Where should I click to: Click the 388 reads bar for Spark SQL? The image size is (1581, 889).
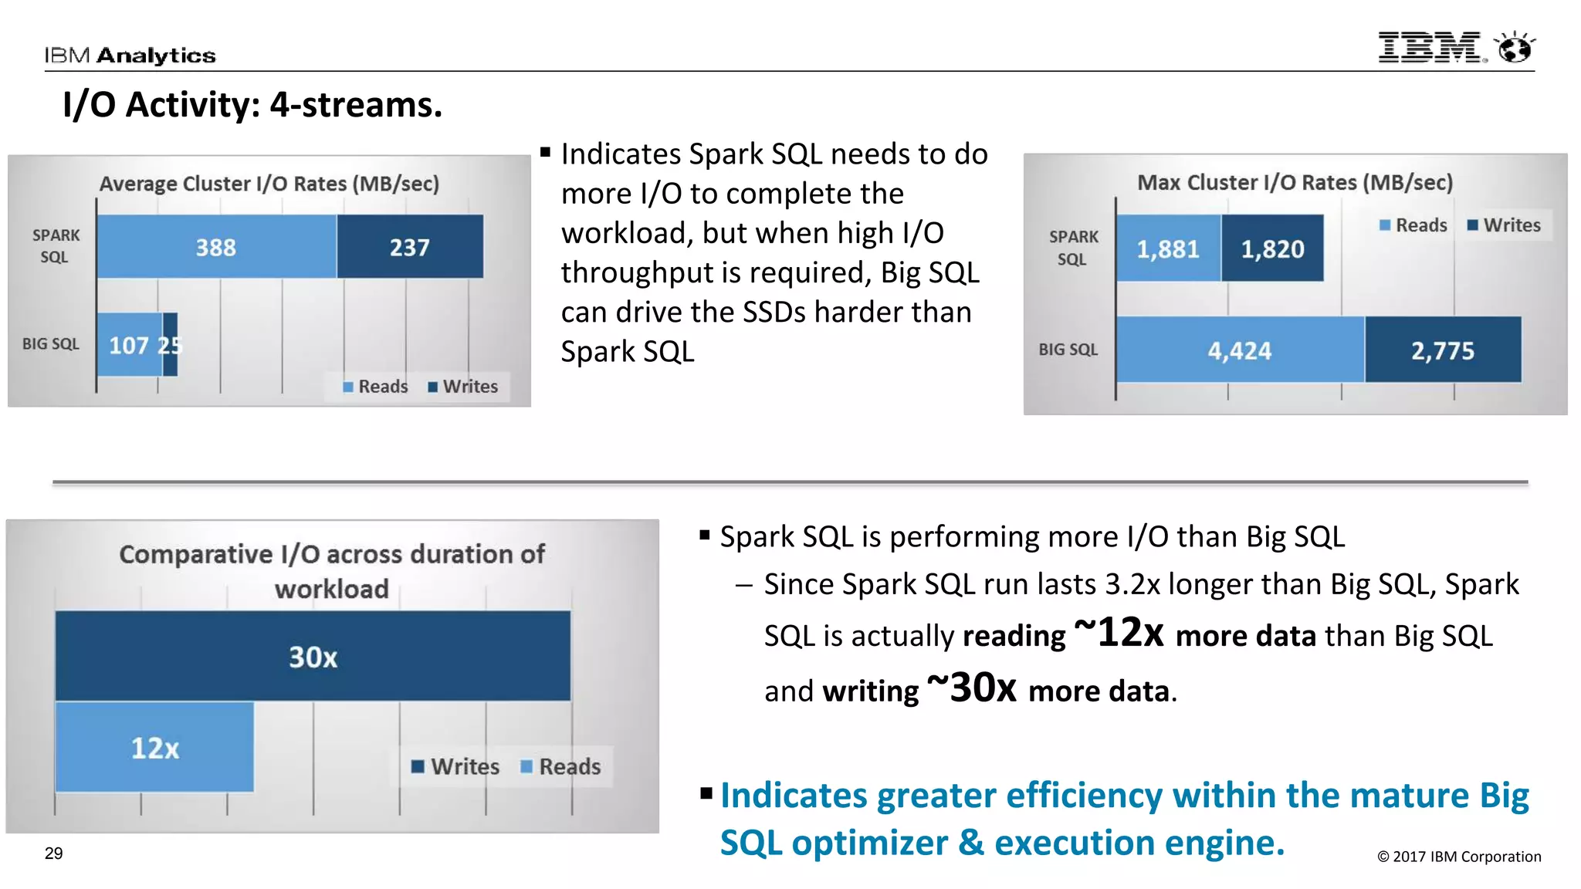click(216, 247)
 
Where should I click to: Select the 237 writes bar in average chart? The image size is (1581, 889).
click(409, 247)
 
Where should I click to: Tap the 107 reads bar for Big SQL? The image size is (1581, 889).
click(129, 345)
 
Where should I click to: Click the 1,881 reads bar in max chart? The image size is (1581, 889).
click(1168, 248)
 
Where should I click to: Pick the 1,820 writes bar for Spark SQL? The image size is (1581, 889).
click(1272, 248)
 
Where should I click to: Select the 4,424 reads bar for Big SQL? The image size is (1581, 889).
click(1239, 350)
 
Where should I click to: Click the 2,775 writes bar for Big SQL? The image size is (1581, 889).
click(1442, 350)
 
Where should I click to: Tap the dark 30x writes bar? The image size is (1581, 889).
click(313, 656)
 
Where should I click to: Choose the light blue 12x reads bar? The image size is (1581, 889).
click(154, 747)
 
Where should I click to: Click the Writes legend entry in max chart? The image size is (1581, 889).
click(1504, 225)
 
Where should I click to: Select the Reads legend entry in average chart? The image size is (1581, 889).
click(376, 387)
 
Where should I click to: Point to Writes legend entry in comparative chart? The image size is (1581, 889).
click(456, 766)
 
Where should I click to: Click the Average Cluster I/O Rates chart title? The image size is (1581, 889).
click(269, 184)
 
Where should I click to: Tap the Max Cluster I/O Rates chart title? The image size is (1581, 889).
click(1295, 182)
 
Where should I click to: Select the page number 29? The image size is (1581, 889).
click(53, 854)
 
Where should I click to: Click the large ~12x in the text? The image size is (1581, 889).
click(1119, 633)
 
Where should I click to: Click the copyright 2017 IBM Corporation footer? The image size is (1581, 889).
click(1458, 857)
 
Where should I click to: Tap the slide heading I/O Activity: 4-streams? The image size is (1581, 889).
click(252, 105)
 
